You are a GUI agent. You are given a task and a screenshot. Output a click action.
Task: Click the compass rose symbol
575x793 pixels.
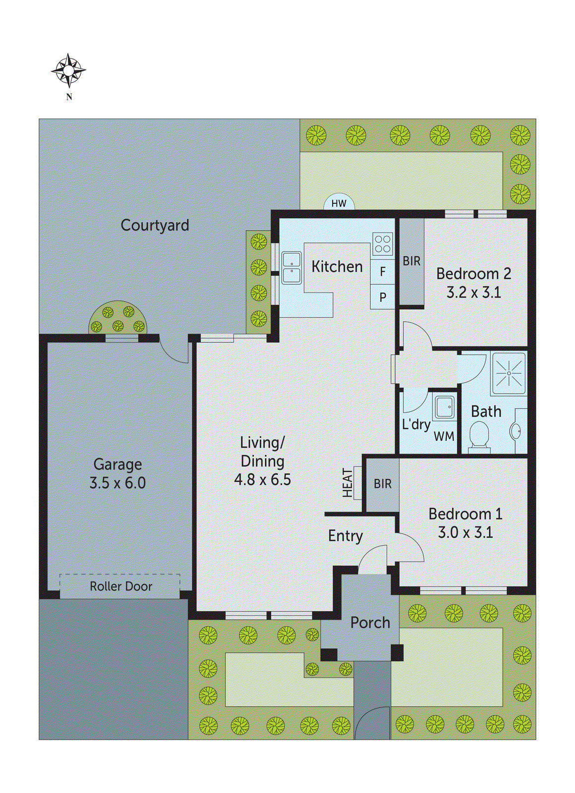coord(68,71)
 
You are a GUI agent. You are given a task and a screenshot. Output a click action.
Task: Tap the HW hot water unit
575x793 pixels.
coord(339,203)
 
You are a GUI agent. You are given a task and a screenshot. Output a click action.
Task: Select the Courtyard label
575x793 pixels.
coord(155,225)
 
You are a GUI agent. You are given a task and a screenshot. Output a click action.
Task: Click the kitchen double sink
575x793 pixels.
coord(291,268)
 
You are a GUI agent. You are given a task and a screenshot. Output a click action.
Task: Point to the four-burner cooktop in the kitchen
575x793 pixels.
coord(383,244)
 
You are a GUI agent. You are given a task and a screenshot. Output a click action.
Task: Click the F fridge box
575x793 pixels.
coord(383,272)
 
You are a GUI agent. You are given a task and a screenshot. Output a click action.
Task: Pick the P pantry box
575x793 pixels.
coord(383,297)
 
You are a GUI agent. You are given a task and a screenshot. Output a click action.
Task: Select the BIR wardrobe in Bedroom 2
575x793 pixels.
coord(412,261)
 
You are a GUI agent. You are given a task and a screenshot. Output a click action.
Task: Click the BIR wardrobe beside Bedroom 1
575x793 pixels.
coord(382,484)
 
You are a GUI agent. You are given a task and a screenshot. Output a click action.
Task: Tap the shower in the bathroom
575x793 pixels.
coord(509,373)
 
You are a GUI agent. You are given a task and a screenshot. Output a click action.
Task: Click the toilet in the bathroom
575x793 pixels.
coord(479,436)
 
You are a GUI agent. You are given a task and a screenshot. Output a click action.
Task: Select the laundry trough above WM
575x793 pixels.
coord(444,407)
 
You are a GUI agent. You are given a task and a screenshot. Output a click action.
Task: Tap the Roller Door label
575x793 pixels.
coord(120,586)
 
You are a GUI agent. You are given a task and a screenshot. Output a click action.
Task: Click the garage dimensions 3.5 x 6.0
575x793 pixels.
coord(117,483)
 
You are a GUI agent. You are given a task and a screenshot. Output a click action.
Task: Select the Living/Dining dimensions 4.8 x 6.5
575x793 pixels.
coord(262,480)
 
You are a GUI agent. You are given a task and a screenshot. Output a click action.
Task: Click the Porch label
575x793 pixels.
coord(370,623)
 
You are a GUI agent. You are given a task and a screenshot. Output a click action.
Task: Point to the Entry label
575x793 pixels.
coord(345,536)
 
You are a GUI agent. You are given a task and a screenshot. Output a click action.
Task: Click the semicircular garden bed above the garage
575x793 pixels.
coord(118,319)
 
